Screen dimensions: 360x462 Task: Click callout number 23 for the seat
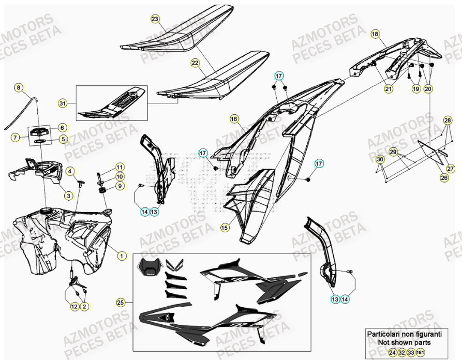pos(155,19)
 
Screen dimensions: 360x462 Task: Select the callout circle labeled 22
pos(195,63)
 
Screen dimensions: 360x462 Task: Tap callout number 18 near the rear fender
pos(375,34)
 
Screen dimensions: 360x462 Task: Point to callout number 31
pos(63,103)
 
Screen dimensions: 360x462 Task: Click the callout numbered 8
pos(19,88)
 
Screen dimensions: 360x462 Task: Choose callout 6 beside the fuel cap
pos(62,127)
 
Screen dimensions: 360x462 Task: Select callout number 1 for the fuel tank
pos(122,255)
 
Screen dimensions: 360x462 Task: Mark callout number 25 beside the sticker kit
pos(121,302)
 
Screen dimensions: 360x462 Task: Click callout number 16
pos(234,119)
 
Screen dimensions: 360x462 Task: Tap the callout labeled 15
pos(225,227)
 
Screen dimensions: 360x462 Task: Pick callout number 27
pos(450,169)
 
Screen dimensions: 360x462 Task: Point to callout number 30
pos(380,159)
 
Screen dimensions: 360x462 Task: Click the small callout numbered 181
pos(420,352)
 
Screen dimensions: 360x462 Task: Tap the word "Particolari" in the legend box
pos(384,335)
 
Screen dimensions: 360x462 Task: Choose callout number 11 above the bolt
pos(120,167)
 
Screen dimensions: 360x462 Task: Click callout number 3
pos(68,196)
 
